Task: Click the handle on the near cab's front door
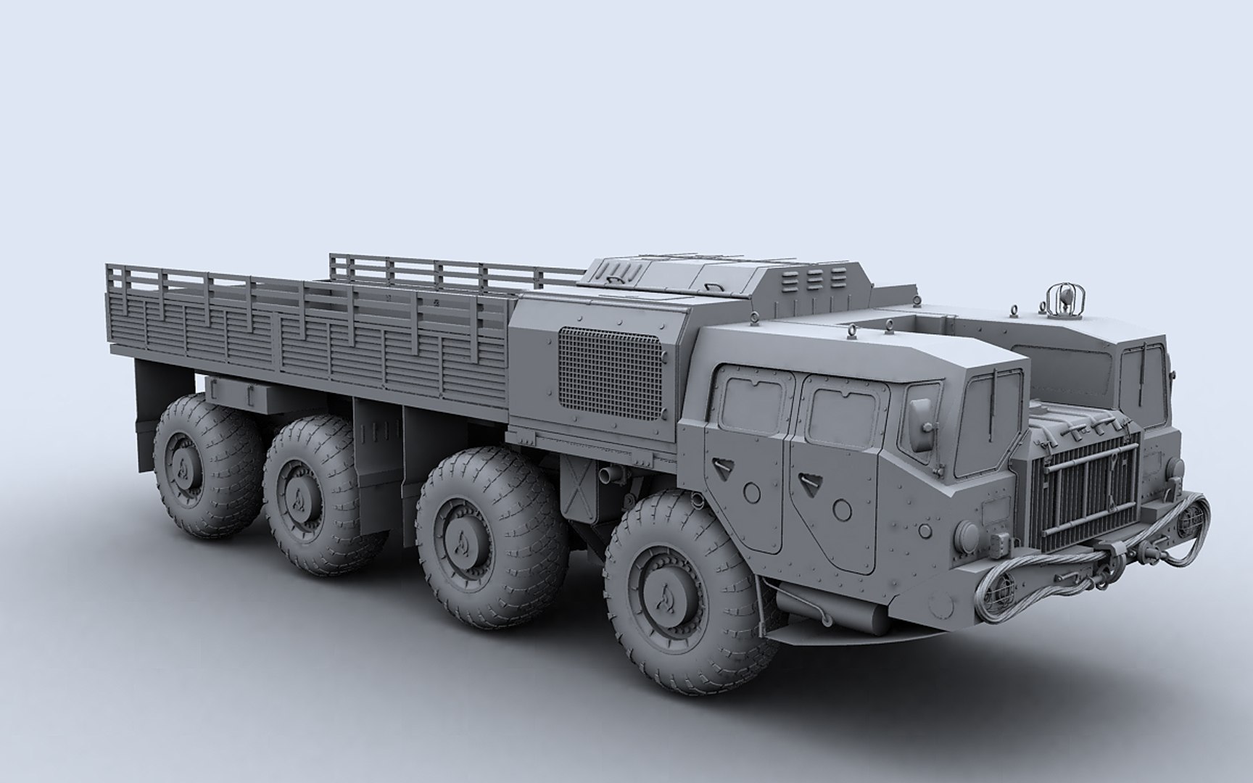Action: click(x=807, y=478)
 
